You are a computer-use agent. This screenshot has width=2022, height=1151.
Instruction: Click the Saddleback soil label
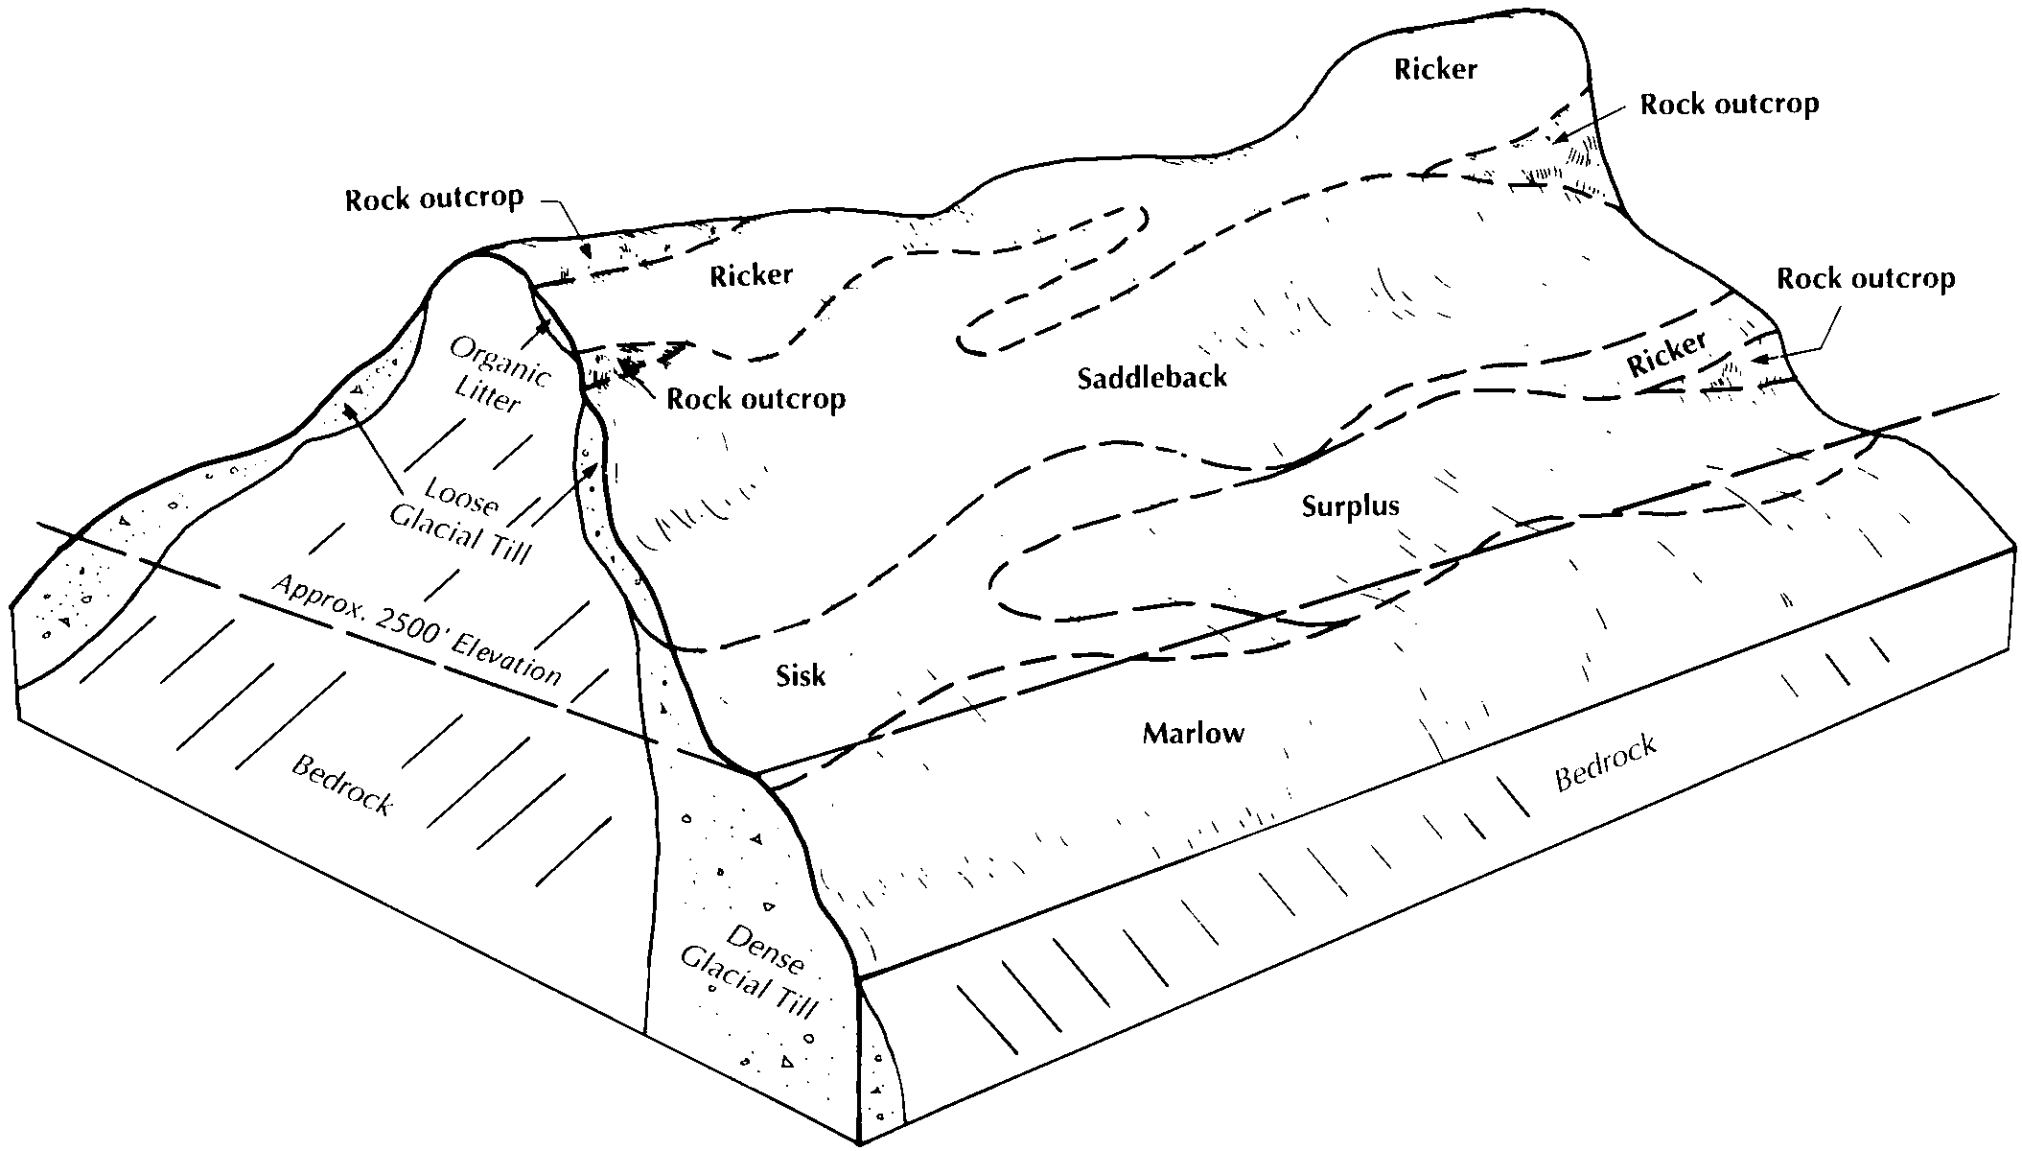click(1151, 377)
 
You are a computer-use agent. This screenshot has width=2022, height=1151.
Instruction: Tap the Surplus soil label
click(1350, 507)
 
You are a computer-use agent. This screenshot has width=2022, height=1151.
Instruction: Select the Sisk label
click(801, 676)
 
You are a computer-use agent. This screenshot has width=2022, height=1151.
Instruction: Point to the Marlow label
click(1194, 735)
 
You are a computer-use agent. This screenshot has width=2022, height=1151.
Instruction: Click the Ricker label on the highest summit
click(1435, 69)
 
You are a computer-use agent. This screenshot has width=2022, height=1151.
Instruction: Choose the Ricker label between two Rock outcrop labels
click(752, 275)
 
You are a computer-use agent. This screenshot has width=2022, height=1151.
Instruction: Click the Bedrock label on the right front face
click(1606, 763)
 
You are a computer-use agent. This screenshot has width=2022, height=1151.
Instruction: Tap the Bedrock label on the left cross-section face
click(342, 786)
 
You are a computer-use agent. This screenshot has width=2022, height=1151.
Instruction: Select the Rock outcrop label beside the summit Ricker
click(1730, 105)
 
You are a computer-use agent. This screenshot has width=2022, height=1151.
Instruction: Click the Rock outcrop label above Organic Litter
click(434, 200)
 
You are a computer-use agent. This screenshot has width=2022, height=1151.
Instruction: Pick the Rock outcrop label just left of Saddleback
click(756, 398)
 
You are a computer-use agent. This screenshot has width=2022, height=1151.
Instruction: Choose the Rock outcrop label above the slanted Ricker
click(1866, 279)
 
